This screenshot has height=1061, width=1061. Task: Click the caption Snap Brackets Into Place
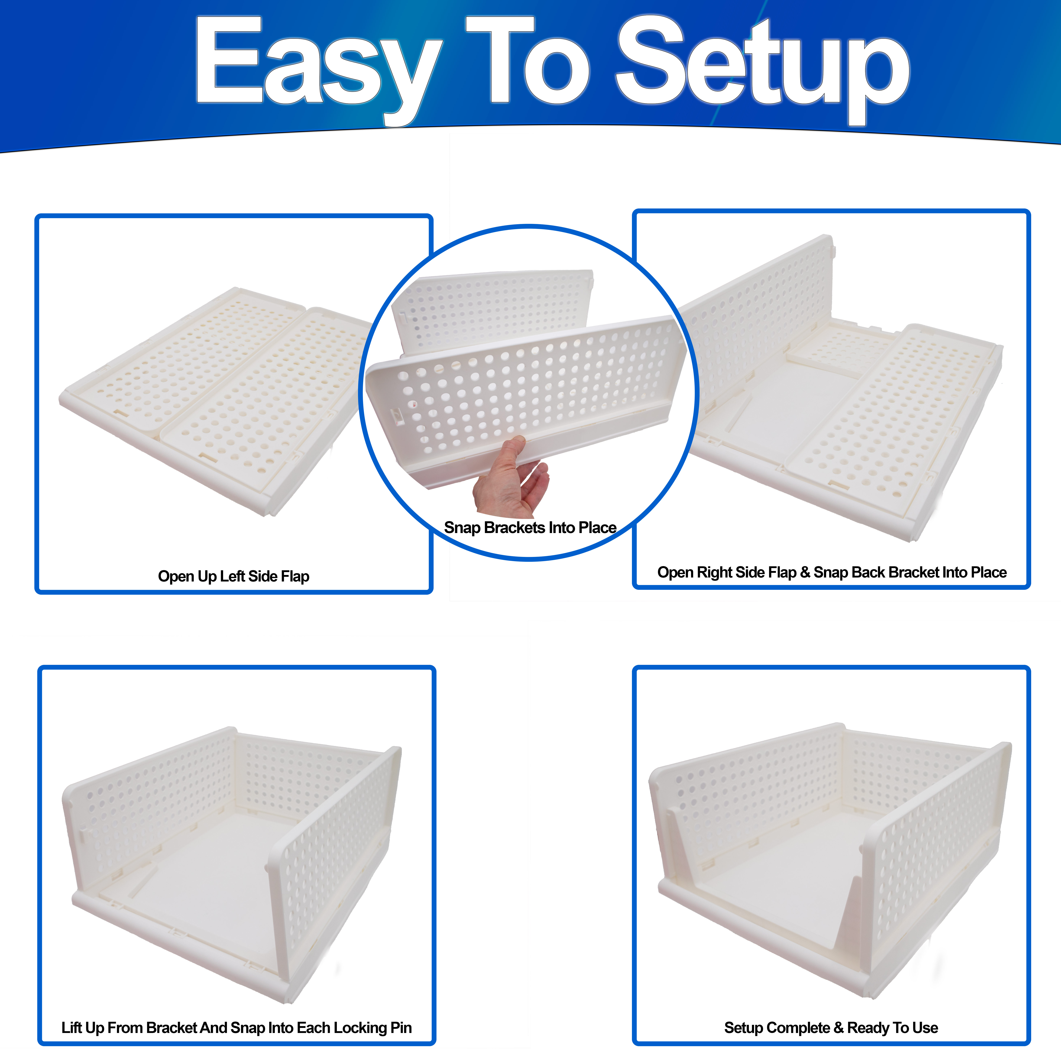coord(530,528)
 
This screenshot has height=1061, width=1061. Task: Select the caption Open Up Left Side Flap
coord(233,577)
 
